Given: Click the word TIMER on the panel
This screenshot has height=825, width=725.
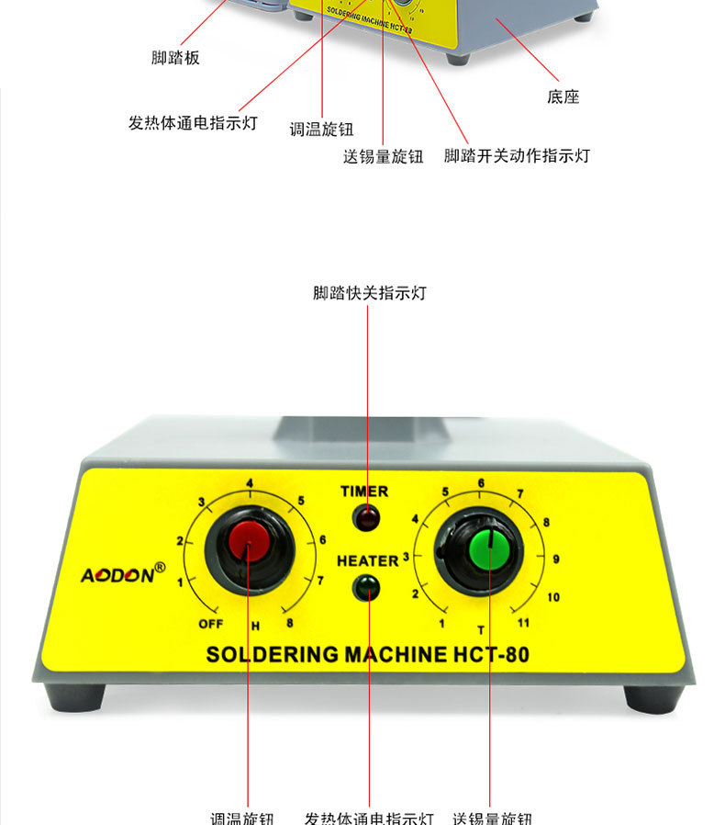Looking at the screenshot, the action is tap(364, 492).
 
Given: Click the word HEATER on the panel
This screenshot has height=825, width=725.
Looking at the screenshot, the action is tap(367, 560).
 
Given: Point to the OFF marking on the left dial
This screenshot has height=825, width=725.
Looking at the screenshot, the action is tap(211, 624).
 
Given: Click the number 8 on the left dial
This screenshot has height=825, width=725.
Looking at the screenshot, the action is tap(290, 624).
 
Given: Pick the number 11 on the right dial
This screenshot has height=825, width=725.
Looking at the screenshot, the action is tap(523, 624).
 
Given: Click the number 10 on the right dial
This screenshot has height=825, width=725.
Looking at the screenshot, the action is tap(552, 597).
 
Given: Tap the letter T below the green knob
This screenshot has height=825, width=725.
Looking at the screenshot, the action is tap(480, 629).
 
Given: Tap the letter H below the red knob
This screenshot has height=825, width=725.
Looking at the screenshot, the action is tap(255, 627).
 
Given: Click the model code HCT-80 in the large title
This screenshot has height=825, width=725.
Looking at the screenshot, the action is tap(492, 655).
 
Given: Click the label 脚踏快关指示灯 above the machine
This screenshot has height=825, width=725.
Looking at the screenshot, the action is tap(370, 293).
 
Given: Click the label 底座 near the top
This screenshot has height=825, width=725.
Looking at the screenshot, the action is tap(563, 96).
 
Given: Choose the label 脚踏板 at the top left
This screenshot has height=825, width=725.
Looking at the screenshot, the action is tap(175, 58).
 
